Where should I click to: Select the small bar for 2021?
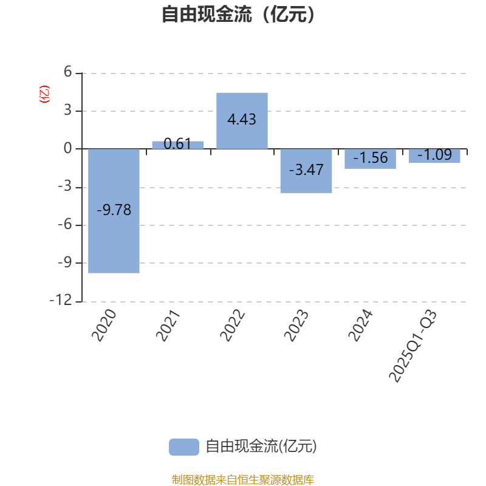tap(178, 145)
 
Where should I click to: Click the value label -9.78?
tap(114, 210)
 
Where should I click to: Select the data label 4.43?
tap(242, 120)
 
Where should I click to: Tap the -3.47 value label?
tap(306, 170)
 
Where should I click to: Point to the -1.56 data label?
tap(370, 158)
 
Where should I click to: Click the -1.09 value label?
tap(434, 155)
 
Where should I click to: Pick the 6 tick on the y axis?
tap(67, 73)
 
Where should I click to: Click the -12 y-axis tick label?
tap(61, 301)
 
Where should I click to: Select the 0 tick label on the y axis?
tap(67, 149)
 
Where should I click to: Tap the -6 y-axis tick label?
tap(64, 225)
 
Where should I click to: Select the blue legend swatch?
tap(183, 447)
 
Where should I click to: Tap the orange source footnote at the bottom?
tap(243, 480)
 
